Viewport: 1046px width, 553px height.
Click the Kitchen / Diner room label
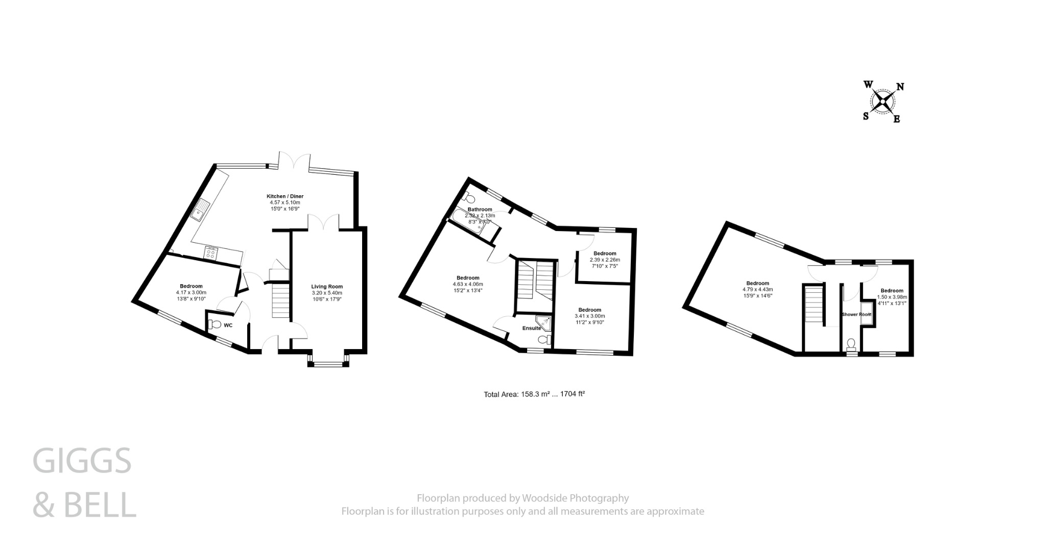285,196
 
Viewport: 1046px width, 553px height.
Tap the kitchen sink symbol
200,210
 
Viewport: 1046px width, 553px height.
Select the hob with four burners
211,252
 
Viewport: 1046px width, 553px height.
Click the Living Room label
327,287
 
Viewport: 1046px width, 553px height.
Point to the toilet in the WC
215,324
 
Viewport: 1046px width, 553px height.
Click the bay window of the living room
328,364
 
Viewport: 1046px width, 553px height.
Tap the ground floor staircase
280,302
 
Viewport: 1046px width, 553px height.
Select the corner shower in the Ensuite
546,322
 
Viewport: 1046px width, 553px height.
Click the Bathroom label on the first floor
480,210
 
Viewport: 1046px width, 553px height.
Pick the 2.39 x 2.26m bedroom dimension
605,260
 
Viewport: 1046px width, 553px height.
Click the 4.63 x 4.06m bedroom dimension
468,284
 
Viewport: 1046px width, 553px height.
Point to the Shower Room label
857,314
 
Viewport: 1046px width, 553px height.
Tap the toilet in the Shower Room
851,343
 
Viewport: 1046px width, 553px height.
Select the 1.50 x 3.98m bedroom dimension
892,297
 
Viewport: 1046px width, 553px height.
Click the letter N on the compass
900,87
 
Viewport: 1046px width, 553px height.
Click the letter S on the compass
866,116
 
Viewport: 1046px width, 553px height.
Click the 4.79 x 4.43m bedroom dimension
757,289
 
